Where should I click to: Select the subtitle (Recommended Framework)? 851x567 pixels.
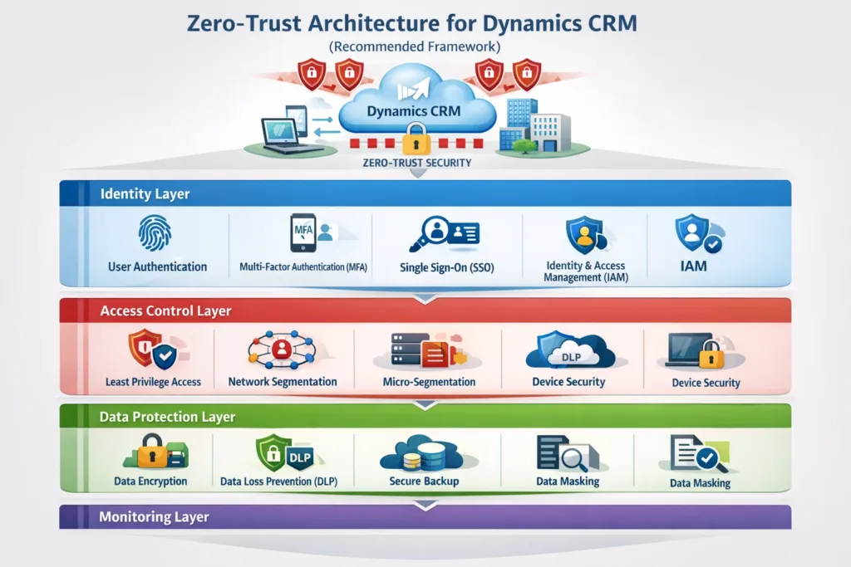tap(425, 47)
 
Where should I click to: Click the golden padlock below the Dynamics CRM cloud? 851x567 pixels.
tap(416, 139)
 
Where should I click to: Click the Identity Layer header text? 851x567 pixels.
tap(145, 194)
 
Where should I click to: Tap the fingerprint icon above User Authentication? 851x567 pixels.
tap(158, 234)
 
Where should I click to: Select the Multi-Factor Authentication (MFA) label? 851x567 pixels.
tap(303, 266)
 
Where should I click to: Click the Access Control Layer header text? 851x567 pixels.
tap(165, 311)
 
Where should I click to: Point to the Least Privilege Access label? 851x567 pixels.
tap(153, 382)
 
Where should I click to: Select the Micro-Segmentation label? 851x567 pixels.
tap(429, 382)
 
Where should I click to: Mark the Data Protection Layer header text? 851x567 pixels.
tap(167, 417)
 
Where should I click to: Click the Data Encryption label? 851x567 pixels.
tap(150, 481)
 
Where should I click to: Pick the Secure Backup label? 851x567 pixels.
tap(424, 481)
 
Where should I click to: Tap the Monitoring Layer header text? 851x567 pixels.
tap(154, 517)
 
